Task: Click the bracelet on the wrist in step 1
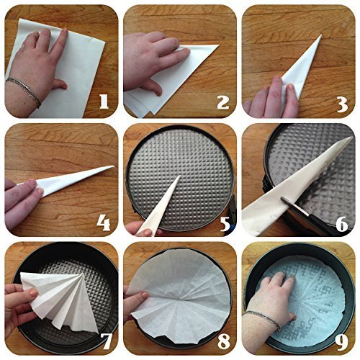click(x=24, y=91)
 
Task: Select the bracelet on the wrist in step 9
click(x=264, y=320)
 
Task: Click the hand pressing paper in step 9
click(x=284, y=295)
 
